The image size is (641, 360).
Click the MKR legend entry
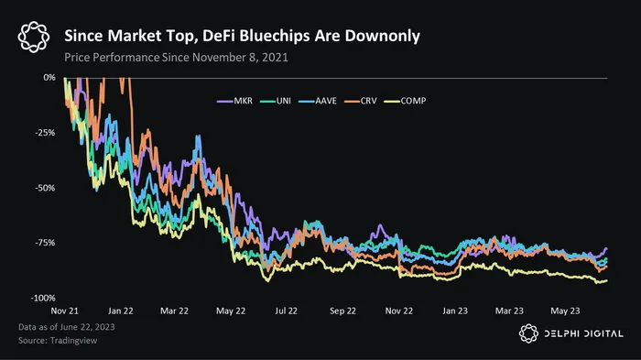coord(234,101)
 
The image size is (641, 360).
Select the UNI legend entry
coord(275,101)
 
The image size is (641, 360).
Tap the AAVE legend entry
coord(318,101)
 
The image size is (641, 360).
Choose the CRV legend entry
coord(361,101)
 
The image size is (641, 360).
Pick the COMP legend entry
coord(405,101)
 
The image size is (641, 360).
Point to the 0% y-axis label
coord(49,77)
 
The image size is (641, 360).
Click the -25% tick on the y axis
coord(45,133)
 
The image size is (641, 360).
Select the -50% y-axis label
coord(45,188)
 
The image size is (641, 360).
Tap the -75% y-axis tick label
coord(45,243)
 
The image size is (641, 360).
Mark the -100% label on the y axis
coord(43,298)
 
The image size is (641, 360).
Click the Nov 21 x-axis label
coord(65,311)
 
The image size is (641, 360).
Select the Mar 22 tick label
coord(174,311)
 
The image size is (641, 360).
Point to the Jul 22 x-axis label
coord(286,311)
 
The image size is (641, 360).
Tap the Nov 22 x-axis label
coord(399,311)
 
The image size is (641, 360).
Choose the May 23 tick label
coord(565,311)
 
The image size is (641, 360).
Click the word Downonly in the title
coord(382,36)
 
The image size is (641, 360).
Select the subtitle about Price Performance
coord(176,58)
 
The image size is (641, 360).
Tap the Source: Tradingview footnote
coord(58,341)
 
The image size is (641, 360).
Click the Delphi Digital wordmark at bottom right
coord(584,333)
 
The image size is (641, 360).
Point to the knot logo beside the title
coord(34,37)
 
